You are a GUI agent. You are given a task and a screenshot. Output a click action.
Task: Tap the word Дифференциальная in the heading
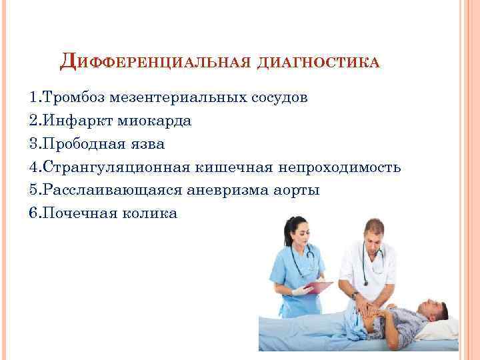(155, 62)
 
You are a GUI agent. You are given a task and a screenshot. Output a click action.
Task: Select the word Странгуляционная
(117, 167)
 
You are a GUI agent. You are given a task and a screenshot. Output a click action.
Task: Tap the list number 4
(34, 167)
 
